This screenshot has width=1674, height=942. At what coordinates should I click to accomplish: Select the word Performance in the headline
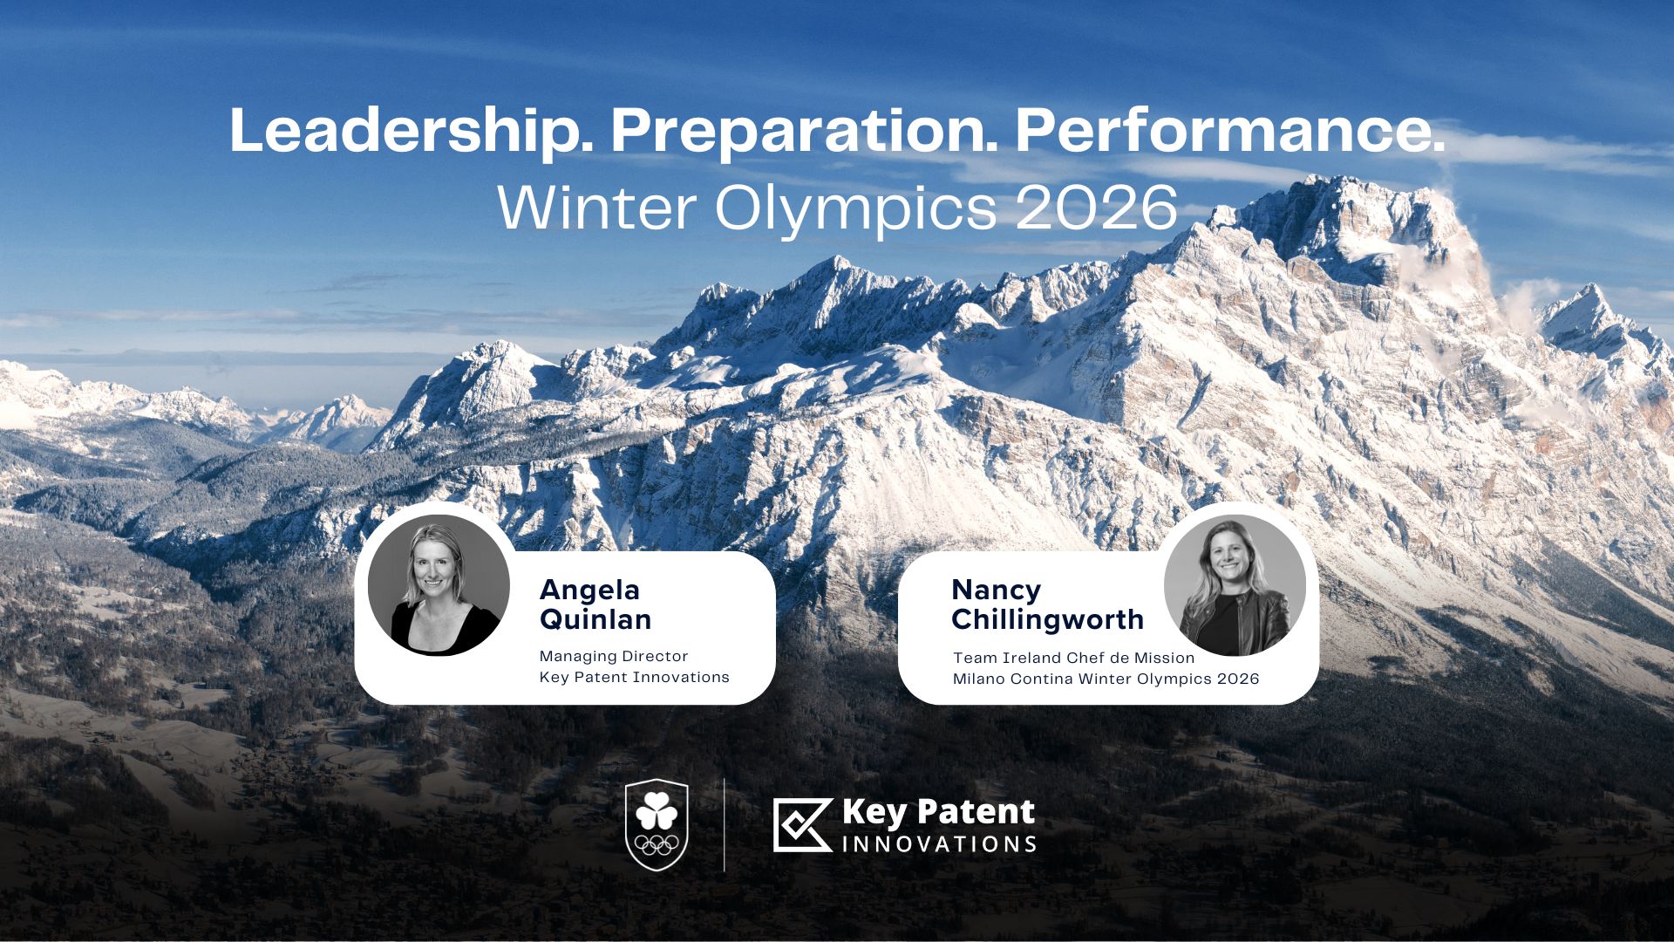(x=1230, y=131)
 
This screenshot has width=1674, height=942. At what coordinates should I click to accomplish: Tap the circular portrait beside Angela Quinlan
(x=439, y=585)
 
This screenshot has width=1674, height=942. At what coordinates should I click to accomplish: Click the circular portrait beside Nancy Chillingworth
(x=1235, y=585)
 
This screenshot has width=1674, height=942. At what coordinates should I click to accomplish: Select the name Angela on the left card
(x=589, y=590)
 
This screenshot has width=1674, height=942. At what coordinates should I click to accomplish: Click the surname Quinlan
(x=595, y=620)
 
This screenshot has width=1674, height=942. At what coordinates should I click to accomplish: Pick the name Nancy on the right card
(x=996, y=590)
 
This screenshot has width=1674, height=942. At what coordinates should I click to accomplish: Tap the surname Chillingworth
(x=1047, y=619)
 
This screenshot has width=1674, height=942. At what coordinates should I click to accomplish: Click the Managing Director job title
(x=614, y=656)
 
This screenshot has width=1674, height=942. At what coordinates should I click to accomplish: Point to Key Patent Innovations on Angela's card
(x=634, y=677)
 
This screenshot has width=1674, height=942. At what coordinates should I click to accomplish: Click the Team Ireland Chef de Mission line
(x=1073, y=658)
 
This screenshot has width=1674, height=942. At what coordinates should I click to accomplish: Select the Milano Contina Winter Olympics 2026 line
(x=1106, y=679)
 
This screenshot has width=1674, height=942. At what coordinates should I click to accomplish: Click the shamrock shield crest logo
(x=657, y=825)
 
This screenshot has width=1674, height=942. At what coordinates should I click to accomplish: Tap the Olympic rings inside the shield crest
(x=657, y=844)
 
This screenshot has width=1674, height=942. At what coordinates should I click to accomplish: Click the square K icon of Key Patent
(x=803, y=824)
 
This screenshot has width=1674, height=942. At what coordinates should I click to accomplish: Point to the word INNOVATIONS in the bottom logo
(x=939, y=844)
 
